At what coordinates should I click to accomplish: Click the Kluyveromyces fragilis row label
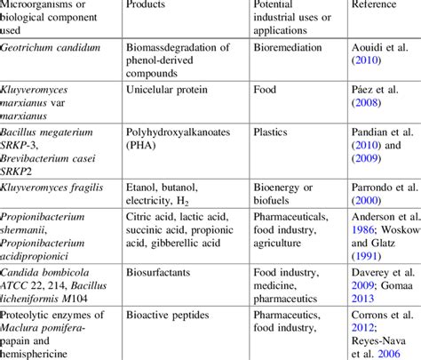53,188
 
